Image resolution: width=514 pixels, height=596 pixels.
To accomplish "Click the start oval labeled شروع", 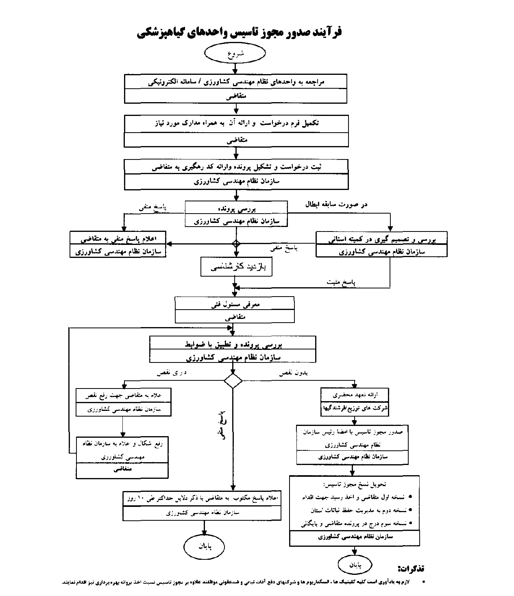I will tap(235, 53).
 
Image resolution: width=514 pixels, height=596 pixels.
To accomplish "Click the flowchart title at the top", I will tap(239, 32).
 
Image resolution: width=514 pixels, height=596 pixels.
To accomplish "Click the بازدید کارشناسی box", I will tap(236, 267).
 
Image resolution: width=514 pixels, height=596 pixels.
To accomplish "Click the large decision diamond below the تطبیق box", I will tap(233, 381).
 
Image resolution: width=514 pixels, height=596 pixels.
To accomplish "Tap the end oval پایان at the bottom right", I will tap(355, 565).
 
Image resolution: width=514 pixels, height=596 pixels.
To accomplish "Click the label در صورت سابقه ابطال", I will tap(336, 204).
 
